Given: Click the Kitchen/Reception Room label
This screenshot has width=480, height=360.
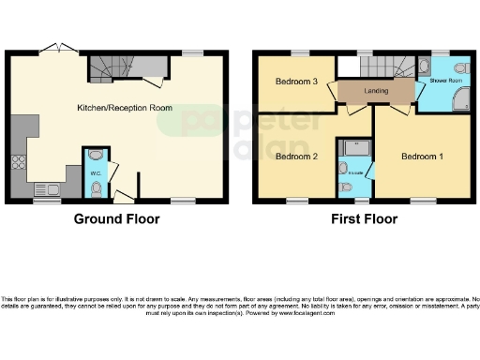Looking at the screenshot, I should click(125, 108).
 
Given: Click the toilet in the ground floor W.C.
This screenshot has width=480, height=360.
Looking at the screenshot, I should click(97, 187).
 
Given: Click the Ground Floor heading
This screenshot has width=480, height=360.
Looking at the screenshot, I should click(117, 219).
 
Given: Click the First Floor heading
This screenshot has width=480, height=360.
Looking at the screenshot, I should click(364, 219).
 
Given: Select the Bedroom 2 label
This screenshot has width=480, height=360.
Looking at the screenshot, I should click(295, 156).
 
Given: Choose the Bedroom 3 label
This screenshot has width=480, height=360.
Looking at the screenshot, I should click(295, 82).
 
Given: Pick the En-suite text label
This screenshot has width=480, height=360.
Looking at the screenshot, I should click(355, 173).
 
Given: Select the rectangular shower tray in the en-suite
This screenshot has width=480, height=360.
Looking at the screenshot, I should click(356, 147).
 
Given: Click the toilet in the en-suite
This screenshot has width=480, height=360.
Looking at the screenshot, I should click(346, 187).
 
